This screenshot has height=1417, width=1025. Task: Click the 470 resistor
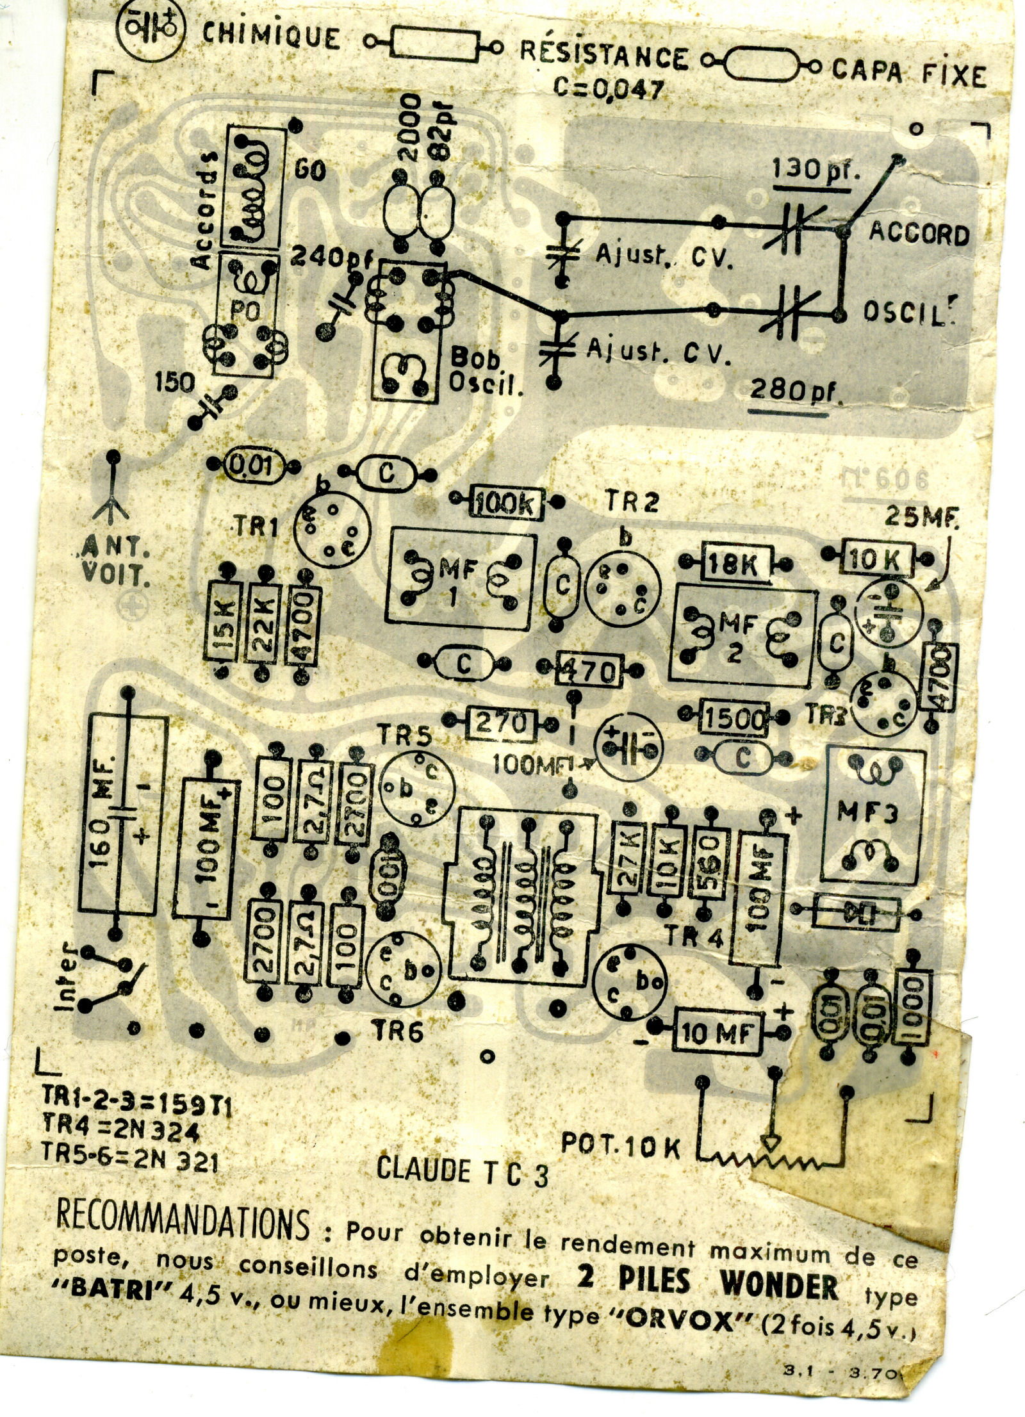point(589,671)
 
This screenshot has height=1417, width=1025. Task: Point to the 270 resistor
point(500,723)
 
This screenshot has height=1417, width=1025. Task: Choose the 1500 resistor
point(734,719)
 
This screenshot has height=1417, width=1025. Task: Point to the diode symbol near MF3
point(855,912)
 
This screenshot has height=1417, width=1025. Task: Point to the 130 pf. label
point(814,170)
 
